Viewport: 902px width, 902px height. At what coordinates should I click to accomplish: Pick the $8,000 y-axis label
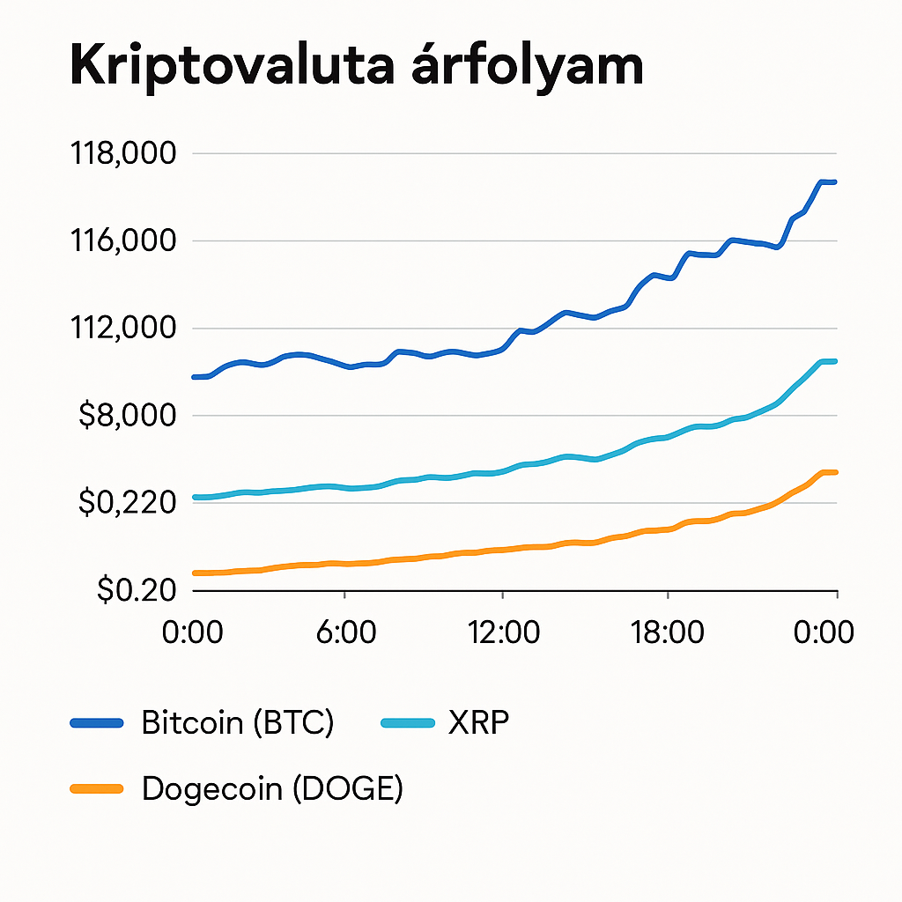[127, 415]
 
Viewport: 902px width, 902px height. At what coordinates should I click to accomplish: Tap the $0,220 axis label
[127, 503]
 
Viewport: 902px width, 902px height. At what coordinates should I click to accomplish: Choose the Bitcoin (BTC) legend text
[238, 723]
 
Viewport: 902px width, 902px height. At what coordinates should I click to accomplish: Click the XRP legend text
[479, 723]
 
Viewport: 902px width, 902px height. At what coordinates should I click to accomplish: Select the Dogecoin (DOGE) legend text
[272, 788]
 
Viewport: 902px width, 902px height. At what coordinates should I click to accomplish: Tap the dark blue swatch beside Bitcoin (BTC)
[97, 723]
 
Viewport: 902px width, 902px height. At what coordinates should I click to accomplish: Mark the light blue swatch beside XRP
[408, 723]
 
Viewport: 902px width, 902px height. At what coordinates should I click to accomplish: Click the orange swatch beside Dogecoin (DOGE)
[97, 788]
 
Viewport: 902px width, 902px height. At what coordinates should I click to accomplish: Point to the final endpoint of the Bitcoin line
[834, 182]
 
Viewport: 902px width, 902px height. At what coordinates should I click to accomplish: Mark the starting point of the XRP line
[195, 498]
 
